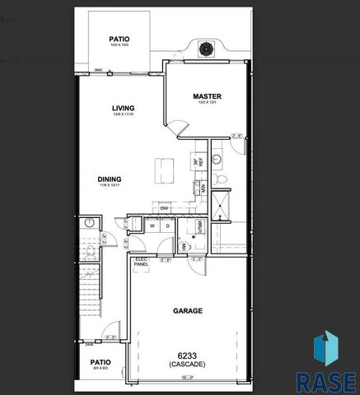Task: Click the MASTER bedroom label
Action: click(207, 96)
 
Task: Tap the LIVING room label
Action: click(124, 109)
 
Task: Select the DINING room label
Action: click(110, 179)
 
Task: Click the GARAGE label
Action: click(187, 311)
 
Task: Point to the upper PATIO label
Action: click(120, 39)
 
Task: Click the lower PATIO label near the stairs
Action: click(101, 362)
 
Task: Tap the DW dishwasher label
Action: click(165, 208)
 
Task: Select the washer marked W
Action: click(153, 225)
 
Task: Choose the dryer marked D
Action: click(167, 225)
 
